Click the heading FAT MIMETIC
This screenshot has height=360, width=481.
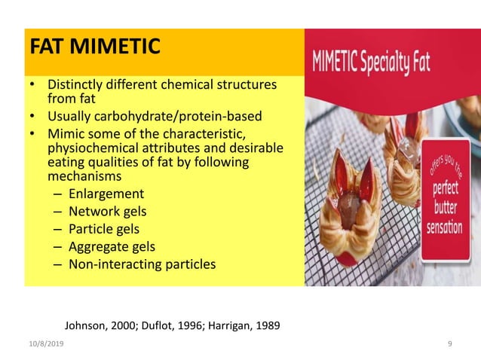click(x=94, y=47)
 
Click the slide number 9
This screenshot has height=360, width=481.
click(x=449, y=343)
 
